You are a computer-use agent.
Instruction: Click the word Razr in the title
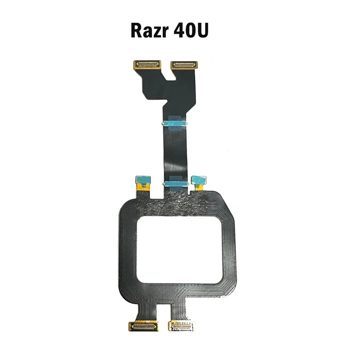[x=150, y=30]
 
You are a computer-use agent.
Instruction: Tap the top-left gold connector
[x=147, y=64]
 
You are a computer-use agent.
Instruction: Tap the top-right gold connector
[x=184, y=64]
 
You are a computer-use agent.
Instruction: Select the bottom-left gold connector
[x=144, y=326]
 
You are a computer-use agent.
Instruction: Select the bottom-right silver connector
[x=181, y=326]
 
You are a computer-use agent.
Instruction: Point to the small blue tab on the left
[x=144, y=180]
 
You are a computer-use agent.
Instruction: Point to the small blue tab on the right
[x=199, y=180]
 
